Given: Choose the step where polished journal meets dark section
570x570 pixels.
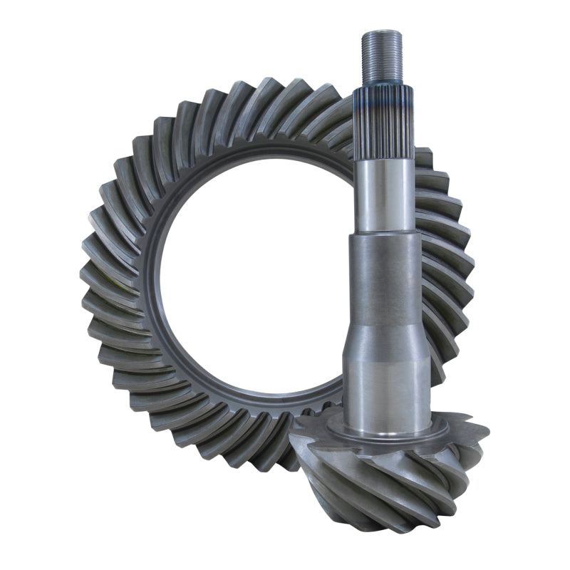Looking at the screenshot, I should [385, 234].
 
